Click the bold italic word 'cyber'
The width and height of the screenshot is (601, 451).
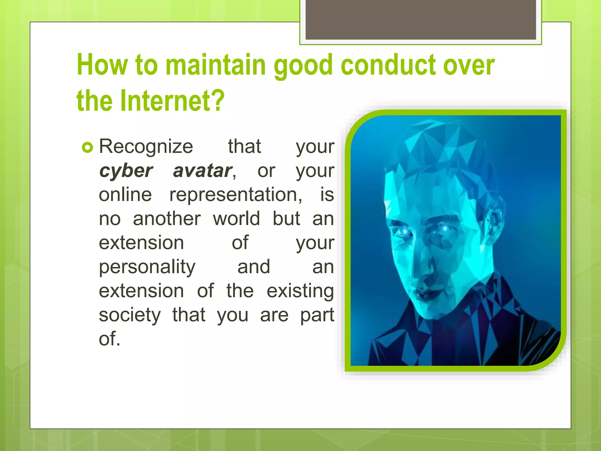[126, 171]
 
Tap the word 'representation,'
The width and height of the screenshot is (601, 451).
[236, 195]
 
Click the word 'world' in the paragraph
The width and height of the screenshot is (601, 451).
[236, 219]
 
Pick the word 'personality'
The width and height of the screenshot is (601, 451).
[147, 267]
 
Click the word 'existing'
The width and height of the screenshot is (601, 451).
[300, 291]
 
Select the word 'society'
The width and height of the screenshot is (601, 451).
[130, 315]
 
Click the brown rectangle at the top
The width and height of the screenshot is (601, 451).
[421, 19]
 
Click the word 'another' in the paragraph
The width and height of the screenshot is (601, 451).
[167, 219]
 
